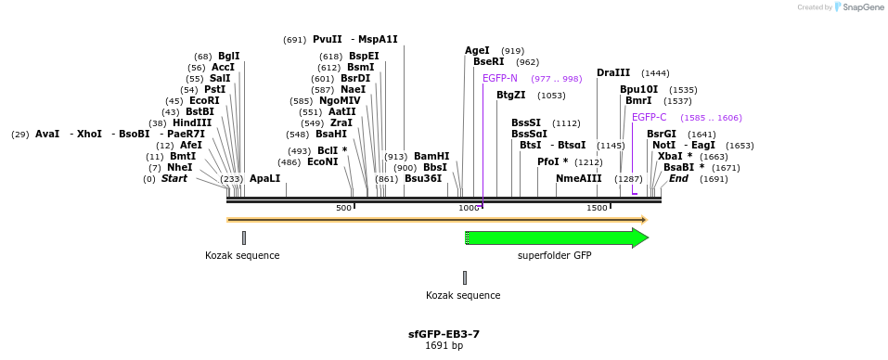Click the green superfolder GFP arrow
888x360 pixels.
tap(555, 238)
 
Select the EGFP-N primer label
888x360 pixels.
tap(500, 78)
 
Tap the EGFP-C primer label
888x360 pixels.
tap(649, 117)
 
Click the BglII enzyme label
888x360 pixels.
tap(228, 56)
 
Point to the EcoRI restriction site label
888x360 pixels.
tap(204, 100)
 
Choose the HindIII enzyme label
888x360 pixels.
tap(192, 122)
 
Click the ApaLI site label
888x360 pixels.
tap(264, 178)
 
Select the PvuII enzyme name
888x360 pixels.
tap(328, 39)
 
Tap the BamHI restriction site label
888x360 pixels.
tap(431, 156)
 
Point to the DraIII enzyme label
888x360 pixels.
tap(613, 72)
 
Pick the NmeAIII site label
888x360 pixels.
tap(579, 178)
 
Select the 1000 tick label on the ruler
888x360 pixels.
tap(470, 208)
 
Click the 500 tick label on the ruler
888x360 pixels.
tap(343, 208)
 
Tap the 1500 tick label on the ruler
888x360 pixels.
tap(597, 208)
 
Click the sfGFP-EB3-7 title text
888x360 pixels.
tap(444, 334)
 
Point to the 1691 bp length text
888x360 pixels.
tap(444, 346)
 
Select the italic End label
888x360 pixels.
tap(678, 178)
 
